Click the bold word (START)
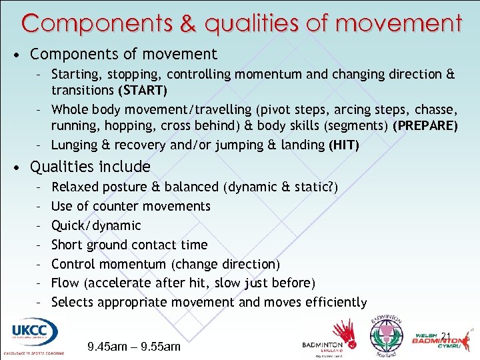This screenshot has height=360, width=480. point(143,90)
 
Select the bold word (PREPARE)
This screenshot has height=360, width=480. point(425,126)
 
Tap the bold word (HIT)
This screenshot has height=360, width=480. point(344,145)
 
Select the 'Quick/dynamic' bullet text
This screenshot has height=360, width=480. point(96,225)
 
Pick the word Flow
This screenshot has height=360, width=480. point(66,283)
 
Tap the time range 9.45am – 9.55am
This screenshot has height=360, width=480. point(134,346)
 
